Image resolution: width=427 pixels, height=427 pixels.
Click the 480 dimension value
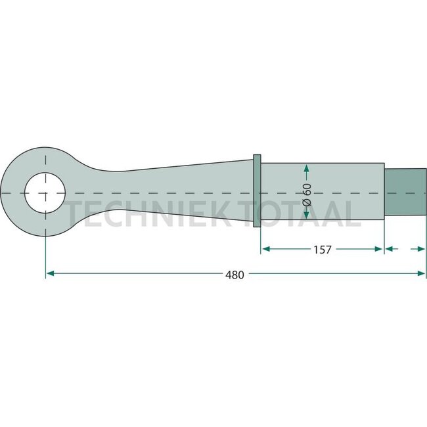tap(235, 275)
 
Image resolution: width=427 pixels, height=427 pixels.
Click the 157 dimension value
tap(323, 250)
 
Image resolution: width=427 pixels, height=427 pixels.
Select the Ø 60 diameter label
tap(307, 194)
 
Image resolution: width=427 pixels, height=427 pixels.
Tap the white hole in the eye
tap(45, 192)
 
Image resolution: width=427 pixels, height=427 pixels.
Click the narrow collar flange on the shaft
tap(257, 191)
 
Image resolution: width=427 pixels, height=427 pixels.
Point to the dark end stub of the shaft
tap(405, 192)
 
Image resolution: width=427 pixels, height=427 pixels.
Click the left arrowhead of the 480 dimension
tap(50, 273)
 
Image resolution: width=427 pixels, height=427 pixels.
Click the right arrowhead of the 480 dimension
tap(421, 273)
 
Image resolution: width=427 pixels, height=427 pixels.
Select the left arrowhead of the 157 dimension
tap(266, 248)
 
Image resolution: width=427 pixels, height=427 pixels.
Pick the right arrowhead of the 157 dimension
tap(379, 248)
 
